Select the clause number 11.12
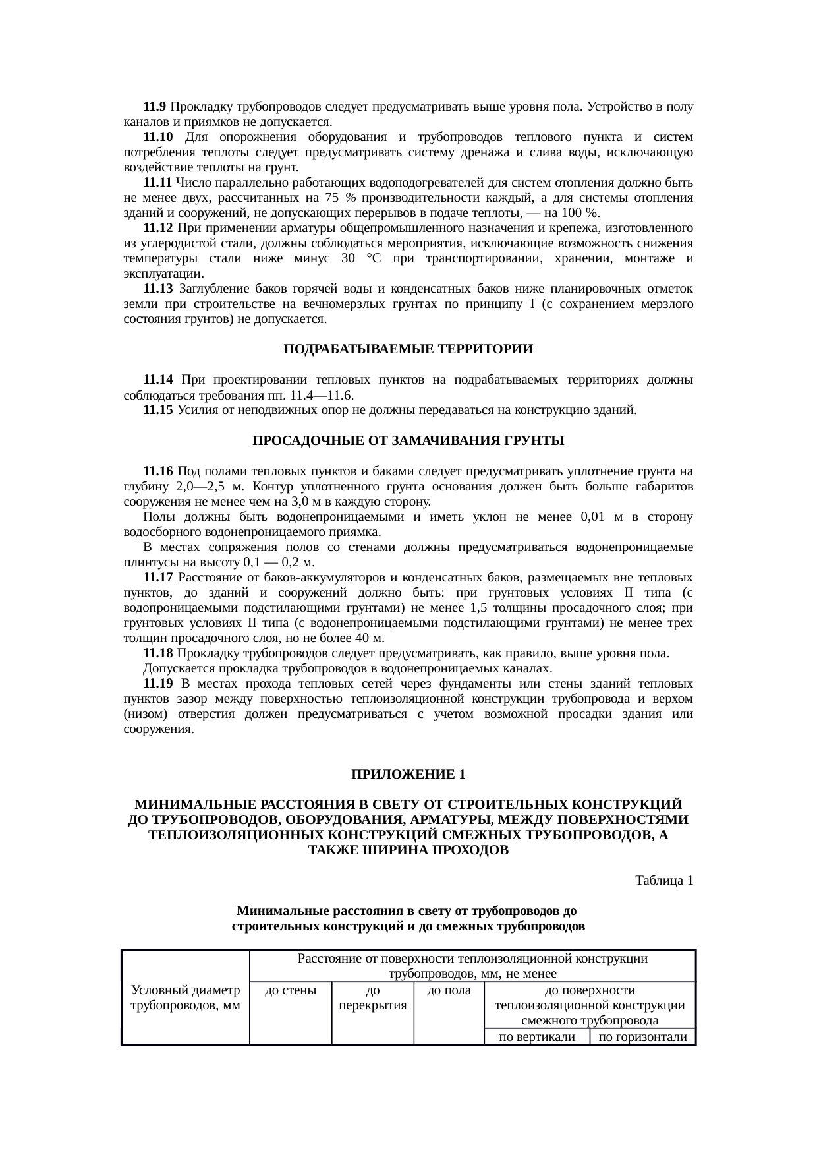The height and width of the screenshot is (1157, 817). (x=157, y=228)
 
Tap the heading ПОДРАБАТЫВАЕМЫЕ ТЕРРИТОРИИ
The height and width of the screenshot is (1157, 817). (x=408, y=349)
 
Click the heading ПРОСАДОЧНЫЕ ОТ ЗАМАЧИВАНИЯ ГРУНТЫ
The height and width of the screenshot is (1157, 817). (x=408, y=440)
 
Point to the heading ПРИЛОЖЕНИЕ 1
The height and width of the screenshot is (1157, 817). (x=408, y=774)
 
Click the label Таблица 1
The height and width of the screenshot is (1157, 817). (x=663, y=881)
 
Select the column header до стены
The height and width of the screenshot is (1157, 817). (x=290, y=990)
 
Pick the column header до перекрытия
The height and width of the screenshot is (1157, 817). (x=372, y=998)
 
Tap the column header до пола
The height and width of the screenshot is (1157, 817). (x=449, y=990)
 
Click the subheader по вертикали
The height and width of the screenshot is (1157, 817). (x=536, y=1037)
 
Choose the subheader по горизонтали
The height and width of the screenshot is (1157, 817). (x=643, y=1037)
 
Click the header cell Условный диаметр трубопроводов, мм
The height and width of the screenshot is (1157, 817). (x=185, y=998)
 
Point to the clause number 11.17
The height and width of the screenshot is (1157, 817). (x=157, y=578)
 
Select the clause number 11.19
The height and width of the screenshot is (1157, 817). (x=157, y=684)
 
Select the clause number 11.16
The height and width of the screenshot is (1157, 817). (x=157, y=471)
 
